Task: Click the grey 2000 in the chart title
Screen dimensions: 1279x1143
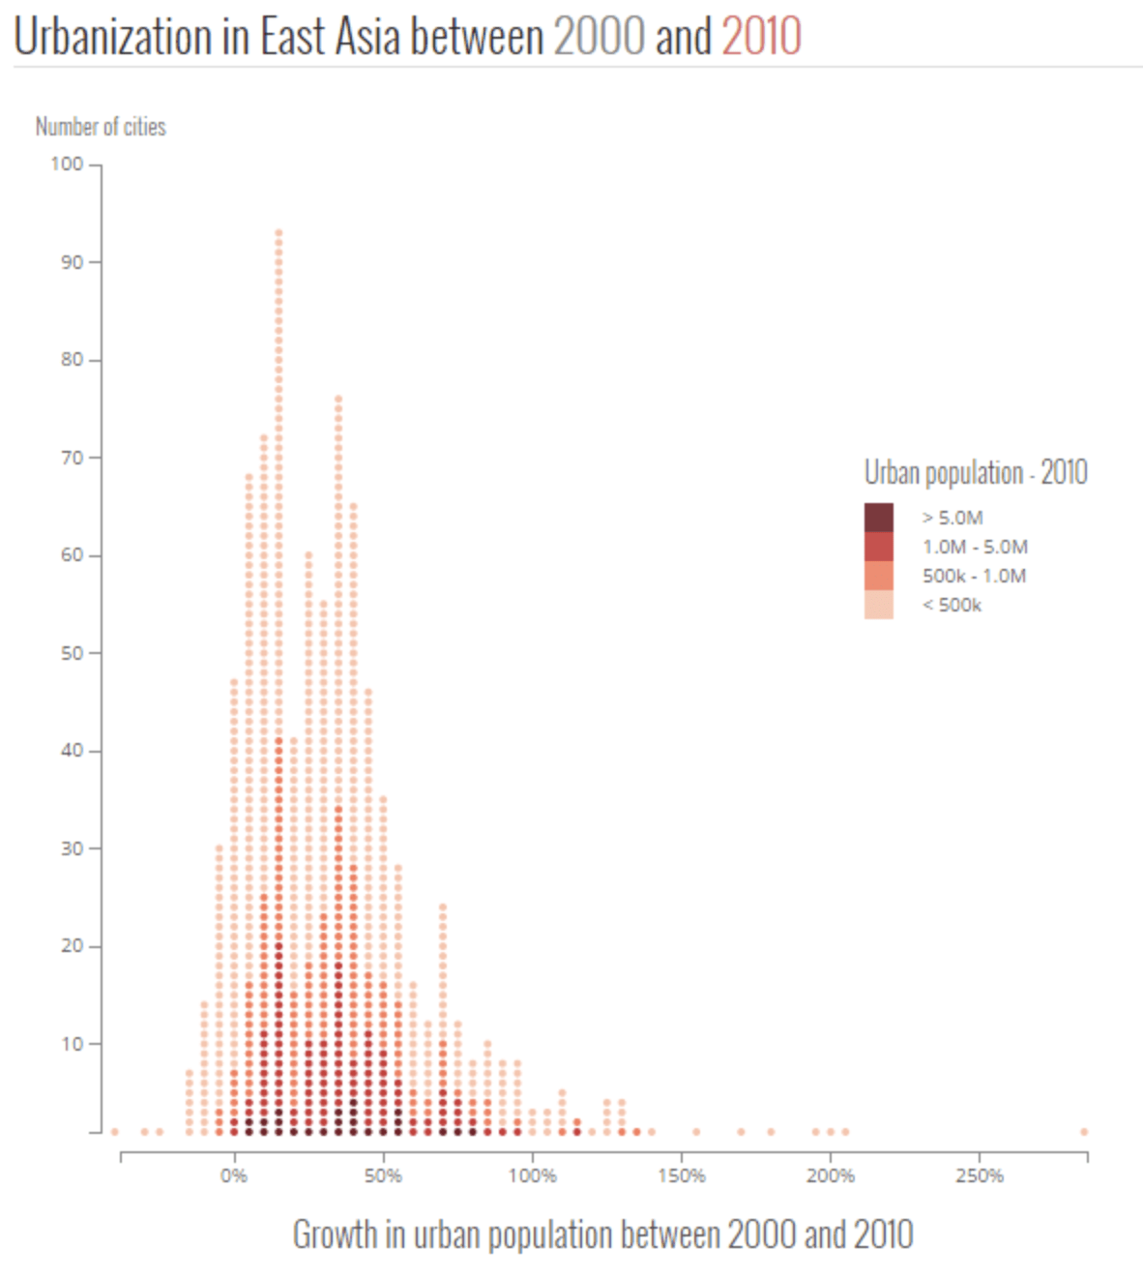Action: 598,37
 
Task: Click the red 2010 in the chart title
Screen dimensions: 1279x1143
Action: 761,37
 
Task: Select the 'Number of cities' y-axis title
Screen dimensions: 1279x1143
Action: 101,127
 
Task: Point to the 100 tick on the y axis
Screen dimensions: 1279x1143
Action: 67,164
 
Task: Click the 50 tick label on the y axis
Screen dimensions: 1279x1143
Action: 72,653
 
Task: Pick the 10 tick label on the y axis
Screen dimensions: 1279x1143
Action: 72,1044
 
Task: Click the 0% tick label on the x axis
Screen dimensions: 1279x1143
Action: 233,1175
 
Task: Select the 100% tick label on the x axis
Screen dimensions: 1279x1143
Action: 532,1175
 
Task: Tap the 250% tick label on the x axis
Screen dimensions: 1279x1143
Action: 979,1175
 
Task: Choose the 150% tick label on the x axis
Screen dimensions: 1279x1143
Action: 681,1175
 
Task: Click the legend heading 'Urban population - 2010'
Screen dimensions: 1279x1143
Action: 976,472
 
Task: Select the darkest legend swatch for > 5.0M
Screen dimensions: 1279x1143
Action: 878,518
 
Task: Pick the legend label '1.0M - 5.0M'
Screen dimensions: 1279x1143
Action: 975,547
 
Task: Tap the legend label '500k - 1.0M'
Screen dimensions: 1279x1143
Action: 974,576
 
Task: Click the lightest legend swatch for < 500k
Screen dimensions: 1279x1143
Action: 878,605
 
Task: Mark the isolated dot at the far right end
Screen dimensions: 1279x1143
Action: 1084,1131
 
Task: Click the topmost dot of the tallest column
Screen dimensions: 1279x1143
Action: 278,232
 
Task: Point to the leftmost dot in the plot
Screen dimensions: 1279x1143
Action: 114,1131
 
